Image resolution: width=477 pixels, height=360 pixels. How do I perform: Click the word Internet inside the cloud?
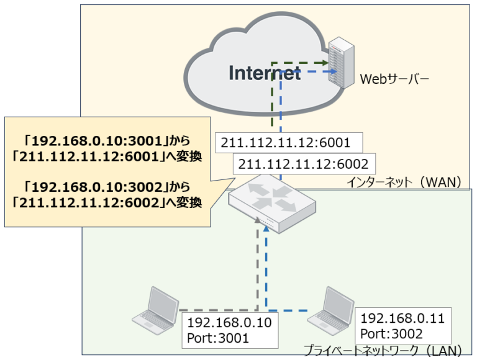click(x=265, y=73)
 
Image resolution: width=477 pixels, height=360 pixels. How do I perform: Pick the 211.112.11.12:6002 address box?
click(x=304, y=164)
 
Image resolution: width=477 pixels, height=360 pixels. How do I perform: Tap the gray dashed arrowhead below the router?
click(x=257, y=220)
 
